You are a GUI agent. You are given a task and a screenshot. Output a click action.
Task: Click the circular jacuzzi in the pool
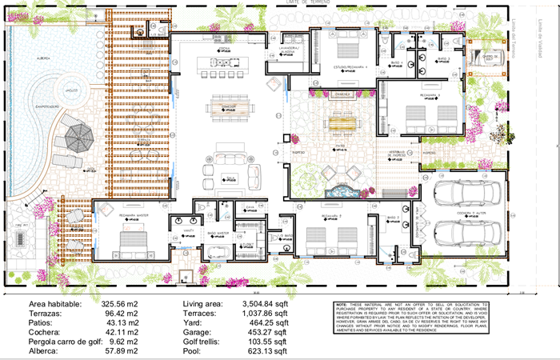72,91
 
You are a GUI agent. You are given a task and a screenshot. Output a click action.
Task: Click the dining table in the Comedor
229,106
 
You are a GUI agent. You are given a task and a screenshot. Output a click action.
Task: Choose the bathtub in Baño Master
216,254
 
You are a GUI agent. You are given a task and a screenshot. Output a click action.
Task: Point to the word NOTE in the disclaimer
342,306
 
